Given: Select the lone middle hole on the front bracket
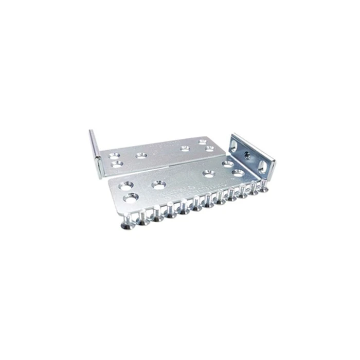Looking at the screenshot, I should click(158, 184).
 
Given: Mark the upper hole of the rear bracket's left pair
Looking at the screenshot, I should click(114, 155).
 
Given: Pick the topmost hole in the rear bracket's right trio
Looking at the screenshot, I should click(203, 141).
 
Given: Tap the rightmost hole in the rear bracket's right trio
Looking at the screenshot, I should click(209, 149).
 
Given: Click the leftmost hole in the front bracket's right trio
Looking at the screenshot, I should click(208, 173).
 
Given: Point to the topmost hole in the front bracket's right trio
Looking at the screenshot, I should click(227, 164).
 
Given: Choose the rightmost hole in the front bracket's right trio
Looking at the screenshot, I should click(238, 172).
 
